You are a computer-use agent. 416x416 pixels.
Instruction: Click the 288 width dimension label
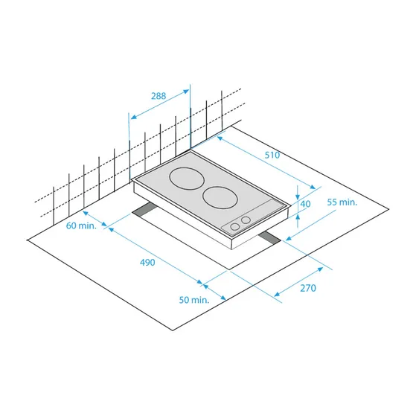[158, 96]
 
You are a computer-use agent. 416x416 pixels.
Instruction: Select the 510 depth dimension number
[272, 156]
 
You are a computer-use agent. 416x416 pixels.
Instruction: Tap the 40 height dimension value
[305, 204]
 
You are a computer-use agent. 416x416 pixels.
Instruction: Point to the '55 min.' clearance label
[342, 202]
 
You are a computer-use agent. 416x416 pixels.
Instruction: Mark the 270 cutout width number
[308, 287]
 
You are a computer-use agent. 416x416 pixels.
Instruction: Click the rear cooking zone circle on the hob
[185, 180]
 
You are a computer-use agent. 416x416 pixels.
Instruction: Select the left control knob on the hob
[234, 225]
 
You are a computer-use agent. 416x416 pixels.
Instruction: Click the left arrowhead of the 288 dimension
[132, 116]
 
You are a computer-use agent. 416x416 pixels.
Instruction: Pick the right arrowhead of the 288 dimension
[188, 89]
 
